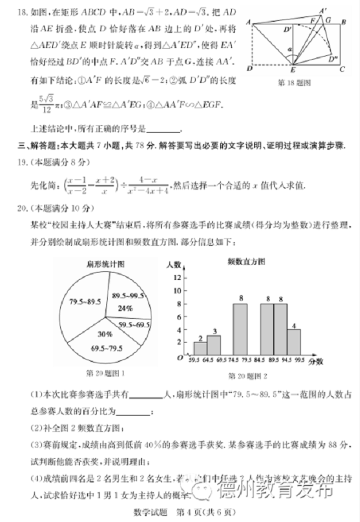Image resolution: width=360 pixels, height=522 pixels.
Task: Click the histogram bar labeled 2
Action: (x=201, y=349)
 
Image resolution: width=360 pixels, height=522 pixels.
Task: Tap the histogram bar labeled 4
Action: (x=294, y=343)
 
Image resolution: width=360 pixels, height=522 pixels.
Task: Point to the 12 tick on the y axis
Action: (x=178, y=277)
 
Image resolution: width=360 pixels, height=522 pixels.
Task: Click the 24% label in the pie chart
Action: (x=125, y=308)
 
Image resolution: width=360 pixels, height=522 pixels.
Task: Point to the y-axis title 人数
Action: (x=174, y=265)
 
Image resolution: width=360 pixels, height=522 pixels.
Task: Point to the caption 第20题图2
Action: (x=248, y=376)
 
